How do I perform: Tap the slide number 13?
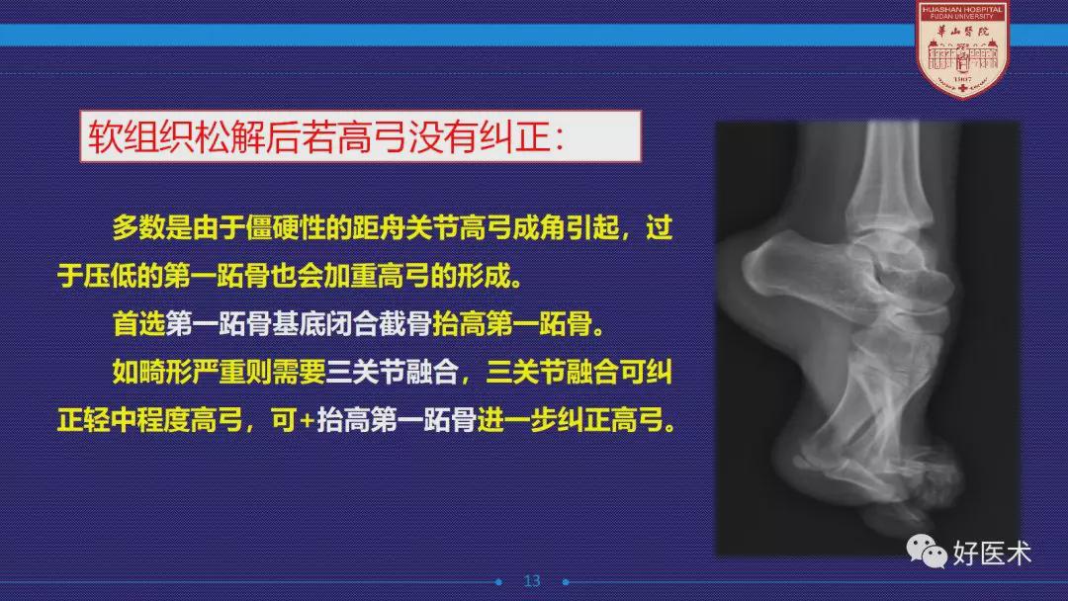[532, 580]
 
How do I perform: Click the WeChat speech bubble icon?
[927, 551]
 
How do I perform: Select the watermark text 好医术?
[992, 553]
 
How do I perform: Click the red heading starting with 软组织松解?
[326, 136]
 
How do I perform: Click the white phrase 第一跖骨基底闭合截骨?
[299, 324]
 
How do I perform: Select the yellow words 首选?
[139, 324]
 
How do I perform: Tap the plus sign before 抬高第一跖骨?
[308, 421]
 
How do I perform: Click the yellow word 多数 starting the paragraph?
[139, 228]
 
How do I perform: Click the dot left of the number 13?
[498, 582]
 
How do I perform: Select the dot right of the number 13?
[566, 582]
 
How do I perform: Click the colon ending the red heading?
[559, 138]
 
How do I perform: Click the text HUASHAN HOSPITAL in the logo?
[962, 10]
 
